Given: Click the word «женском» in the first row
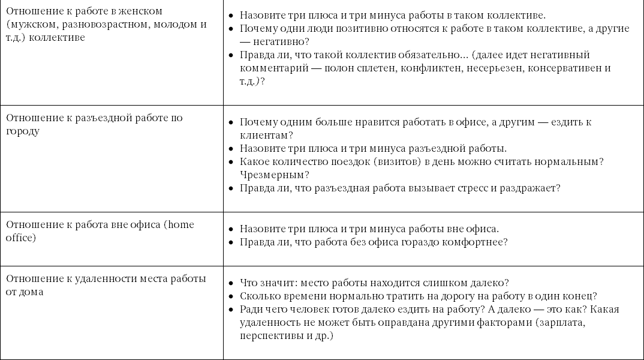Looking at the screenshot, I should pos(142,11).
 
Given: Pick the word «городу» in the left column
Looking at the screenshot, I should pos(22,131).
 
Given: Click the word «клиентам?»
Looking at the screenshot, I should pos(266,136).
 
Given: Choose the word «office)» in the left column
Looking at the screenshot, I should pos(21,238).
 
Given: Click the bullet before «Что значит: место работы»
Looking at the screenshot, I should pos(231,283).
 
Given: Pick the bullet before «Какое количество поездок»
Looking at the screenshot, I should pos(231,162).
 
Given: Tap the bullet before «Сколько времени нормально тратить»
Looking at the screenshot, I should pos(231,296).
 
